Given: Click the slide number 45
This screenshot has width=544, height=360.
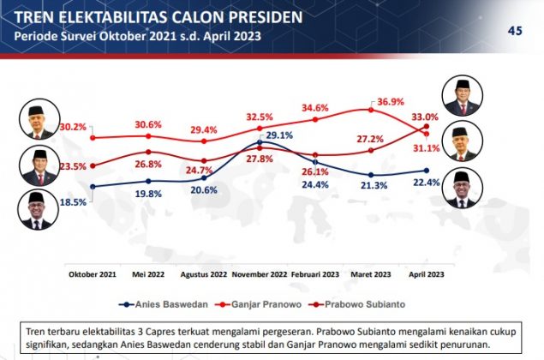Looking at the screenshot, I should [515, 31].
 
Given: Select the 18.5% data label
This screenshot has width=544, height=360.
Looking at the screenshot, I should [73, 202].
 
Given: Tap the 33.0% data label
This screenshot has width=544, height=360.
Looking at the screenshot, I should [426, 117].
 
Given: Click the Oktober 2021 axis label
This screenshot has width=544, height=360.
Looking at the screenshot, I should [93, 274].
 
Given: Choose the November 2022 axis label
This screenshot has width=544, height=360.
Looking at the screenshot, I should [259, 274].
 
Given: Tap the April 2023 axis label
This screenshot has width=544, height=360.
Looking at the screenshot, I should [425, 274].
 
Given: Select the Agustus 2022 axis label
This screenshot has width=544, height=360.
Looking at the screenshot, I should [204, 274].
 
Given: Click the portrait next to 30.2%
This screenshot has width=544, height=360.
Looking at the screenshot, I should [35, 123].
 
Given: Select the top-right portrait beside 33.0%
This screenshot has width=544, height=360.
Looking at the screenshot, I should [462, 95].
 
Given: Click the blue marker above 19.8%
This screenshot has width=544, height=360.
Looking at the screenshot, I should [148, 181].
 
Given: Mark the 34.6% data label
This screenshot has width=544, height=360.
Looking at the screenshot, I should [316, 109].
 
